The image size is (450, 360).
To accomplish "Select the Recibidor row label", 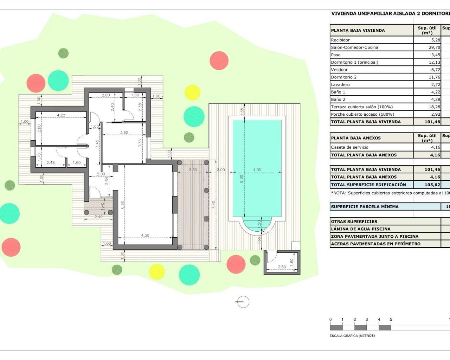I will click(340, 40).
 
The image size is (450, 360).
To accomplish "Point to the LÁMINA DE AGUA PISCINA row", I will click(360, 229).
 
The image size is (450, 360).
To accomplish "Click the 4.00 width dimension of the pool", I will click(257, 170).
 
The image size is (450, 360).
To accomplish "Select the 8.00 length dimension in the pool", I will click(242, 179).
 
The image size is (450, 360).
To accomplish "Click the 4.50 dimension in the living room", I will click(145, 236).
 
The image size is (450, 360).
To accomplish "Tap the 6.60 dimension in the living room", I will click(122, 205).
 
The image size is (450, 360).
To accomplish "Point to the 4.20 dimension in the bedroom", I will click(61, 115).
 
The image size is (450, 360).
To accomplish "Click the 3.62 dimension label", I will click(124, 133).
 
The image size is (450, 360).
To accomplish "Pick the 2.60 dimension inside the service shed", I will click(282, 267).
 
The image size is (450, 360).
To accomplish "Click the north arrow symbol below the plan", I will click(243, 302).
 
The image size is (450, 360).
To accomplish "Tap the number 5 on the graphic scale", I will click(391, 320).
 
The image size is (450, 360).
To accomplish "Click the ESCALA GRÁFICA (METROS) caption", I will click(352, 336).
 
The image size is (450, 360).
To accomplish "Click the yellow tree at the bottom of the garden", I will click(156, 271).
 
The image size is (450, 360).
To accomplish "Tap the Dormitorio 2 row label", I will click(343, 77).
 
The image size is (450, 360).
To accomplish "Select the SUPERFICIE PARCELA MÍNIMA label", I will click(365, 207).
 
